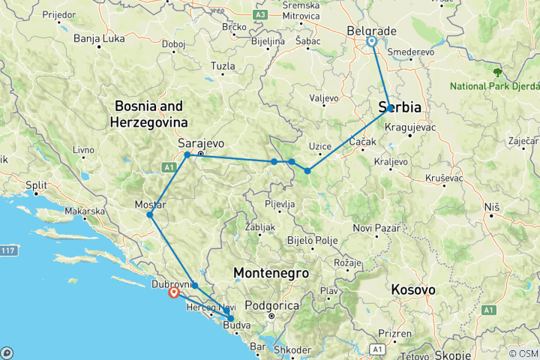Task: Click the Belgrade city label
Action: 371,31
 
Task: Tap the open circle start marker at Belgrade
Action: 371,42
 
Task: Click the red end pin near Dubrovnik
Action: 174,293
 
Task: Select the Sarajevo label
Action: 202,142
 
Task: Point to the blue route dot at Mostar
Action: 150,215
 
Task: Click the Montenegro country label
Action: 270,272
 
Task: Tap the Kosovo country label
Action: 412,289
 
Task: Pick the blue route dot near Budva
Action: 231,319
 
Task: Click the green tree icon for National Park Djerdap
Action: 496,73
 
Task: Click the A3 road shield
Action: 260,13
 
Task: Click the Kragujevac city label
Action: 410,127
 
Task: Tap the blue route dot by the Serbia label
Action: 390,108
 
